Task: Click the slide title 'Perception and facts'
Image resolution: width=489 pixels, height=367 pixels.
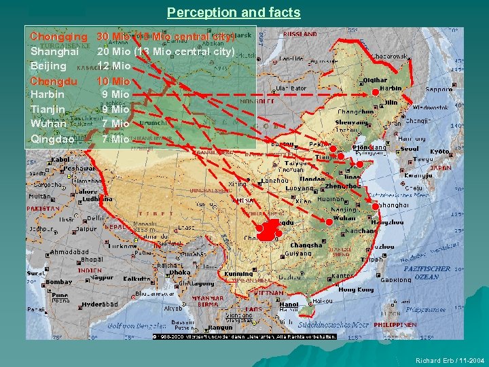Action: tap(234, 12)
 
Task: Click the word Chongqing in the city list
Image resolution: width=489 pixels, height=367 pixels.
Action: tap(59, 35)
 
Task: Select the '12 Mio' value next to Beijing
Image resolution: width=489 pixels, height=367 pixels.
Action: tap(113, 66)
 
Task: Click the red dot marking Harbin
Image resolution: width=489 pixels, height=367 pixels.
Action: tap(376, 92)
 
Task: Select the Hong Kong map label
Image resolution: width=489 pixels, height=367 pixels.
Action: tap(356, 290)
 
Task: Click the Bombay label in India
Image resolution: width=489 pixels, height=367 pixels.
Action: tap(59, 281)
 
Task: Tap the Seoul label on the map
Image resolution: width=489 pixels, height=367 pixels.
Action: tap(410, 150)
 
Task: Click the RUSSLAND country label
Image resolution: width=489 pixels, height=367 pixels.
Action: tap(300, 33)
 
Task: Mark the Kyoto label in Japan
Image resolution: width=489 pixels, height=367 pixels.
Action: tap(439, 152)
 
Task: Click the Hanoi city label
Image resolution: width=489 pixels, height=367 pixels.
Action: tap(288, 304)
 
